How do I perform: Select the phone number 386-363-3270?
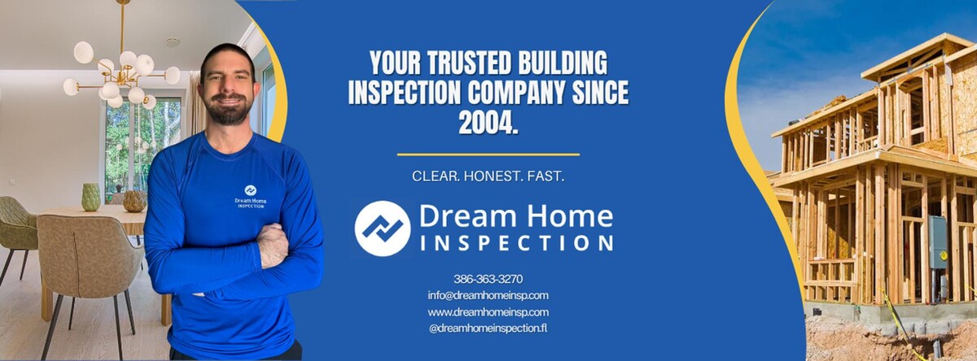pos(488,278)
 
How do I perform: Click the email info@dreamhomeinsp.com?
pos(488,295)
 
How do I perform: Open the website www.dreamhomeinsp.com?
pos(488,312)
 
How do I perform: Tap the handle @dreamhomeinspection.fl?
pos(488,328)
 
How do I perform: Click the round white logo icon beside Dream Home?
pos(383,228)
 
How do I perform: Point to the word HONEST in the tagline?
pos(489,176)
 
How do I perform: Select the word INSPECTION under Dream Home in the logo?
pos(516,242)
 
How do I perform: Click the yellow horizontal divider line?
pos(488,154)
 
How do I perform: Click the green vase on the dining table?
pos(91,197)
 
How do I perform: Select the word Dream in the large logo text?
pos(458,215)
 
